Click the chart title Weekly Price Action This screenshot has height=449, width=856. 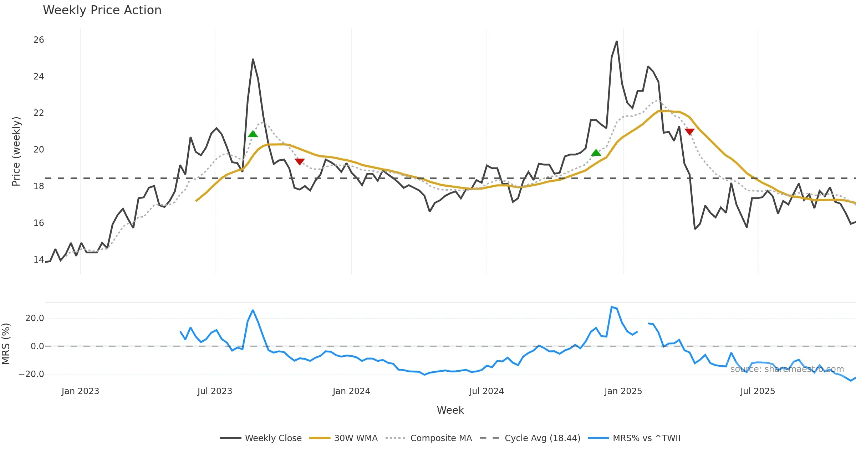click(x=102, y=10)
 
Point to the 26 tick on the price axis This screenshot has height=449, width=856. click(x=39, y=40)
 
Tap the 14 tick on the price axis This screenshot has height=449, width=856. click(x=39, y=260)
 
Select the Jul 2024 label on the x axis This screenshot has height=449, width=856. click(x=486, y=391)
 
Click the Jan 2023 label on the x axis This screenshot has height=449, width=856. click(x=80, y=391)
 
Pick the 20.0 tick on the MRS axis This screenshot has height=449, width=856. click(x=35, y=318)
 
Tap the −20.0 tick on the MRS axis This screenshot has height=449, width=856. click(x=31, y=374)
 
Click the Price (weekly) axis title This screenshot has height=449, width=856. click(x=16, y=151)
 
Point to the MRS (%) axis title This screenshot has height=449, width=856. click(x=6, y=344)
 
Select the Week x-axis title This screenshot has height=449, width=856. click(x=450, y=411)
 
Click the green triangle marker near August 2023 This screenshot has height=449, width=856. click(x=253, y=134)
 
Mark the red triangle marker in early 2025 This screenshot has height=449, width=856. click(x=690, y=131)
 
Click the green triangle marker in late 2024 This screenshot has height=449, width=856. click(x=596, y=153)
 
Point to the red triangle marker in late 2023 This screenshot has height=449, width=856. click(x=300, y=161)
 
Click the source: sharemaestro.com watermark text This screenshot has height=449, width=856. click(x=787, y=369)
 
